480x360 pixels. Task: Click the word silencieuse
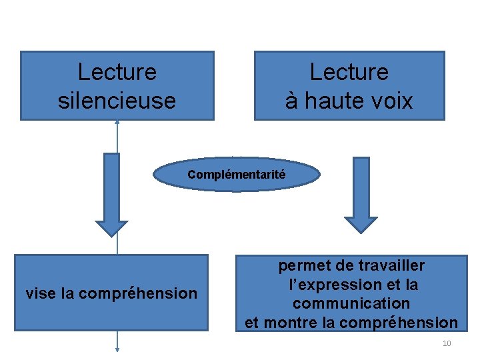[x=117, y=101]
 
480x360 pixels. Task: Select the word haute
[x=331, y=101]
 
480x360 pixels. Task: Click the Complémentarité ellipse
[x=237, y=175]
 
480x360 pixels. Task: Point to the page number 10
[x=447, y=343]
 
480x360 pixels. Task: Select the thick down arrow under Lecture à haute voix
[x=361, y=194]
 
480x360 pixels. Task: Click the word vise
[x=40, y=293]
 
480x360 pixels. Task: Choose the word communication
[x=351, y=303]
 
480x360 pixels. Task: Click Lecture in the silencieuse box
[x=117, y=72]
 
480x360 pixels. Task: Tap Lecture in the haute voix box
[x=349, y=72]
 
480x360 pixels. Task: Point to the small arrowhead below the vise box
[x=117, y=347]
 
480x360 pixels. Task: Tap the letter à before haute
[x=291, y=101]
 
